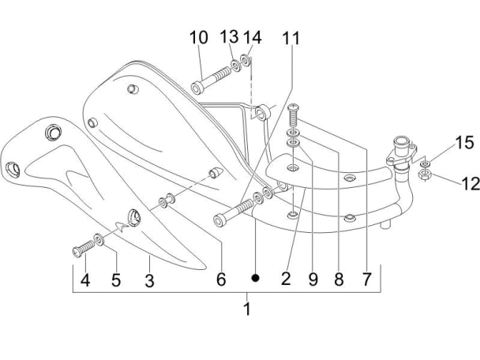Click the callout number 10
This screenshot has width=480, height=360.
[x=198, y=37]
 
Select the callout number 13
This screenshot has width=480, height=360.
[x=229, y=37]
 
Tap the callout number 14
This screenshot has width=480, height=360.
[x=252, y=37]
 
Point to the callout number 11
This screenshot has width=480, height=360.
[x=292, y=37]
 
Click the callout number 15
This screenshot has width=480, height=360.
[x=464, y=143]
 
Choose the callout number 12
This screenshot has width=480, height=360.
[x=470, y=183]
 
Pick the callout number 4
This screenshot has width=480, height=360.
[x=84, y=279]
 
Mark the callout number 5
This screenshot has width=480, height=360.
[x=115, y=279]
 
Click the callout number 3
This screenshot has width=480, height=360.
[x=149, y=279]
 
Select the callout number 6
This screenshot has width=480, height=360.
[x=221, y=279]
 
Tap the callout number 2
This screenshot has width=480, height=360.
[x=286, y=279]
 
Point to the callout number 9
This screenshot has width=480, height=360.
[x=313, y=279]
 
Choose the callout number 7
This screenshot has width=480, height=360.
[x=366, y=279]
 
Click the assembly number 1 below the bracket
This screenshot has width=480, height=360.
[x=247, y=309]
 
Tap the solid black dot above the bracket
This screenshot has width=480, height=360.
[x=255, y=278]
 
